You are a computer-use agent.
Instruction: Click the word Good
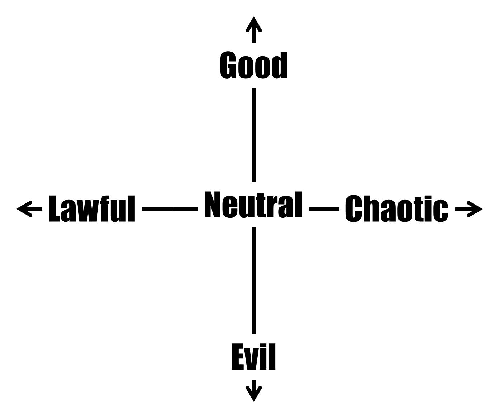coord(253,65)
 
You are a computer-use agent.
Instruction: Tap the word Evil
coord(253,356)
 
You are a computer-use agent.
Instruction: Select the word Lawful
coord(92,208)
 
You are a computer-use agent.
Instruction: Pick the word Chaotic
coord(397,209)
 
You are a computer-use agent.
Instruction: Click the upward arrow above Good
coord(254,30)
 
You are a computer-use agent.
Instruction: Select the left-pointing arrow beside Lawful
coord(29,209)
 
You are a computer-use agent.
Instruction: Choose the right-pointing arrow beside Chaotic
coord(468,209)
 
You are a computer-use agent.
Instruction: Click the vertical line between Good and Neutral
coord(254,135)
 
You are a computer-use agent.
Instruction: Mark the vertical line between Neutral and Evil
coord(254,281)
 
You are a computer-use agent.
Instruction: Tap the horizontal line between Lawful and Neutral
coord(170,209)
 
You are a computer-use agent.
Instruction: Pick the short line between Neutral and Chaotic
coord(324,209)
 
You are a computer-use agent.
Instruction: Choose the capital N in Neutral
coord(212,204)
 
